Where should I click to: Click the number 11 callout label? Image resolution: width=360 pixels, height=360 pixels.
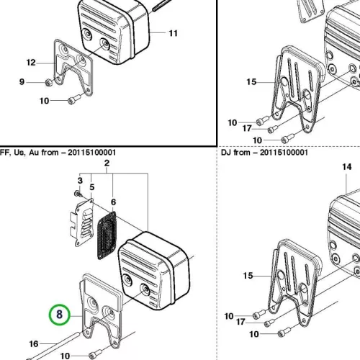[x=174, y=33]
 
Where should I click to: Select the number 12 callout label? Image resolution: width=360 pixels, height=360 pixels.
[x=31, y=63]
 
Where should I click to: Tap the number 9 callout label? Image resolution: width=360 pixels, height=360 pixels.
[x=22, y=82]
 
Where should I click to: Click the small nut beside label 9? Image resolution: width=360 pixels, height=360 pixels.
[x=49, y=83]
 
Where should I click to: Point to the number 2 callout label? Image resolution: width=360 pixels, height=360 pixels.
[x=107, y=163]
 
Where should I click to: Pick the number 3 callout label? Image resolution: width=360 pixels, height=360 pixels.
[x=80, y=181]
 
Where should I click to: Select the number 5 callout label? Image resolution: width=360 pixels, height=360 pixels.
[x=92, y=187]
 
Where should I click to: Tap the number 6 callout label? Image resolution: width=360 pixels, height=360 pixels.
[x=114, y=202]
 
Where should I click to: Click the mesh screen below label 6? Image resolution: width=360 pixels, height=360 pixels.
[x=107, y=235]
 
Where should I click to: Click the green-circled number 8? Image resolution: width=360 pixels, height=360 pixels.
[x=59, y=315]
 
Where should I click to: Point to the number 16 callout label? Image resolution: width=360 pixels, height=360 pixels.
[x=34, y=344]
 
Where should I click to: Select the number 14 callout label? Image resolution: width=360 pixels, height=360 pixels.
[x=347, y=167]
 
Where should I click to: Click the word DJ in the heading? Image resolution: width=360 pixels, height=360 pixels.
[x=226, y=153]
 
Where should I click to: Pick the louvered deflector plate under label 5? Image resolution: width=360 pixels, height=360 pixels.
[x=81, y=222]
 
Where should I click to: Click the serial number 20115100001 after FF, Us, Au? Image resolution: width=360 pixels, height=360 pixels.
[x=91, y=153]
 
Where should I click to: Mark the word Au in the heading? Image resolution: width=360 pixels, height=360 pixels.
[x=34, y=153]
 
